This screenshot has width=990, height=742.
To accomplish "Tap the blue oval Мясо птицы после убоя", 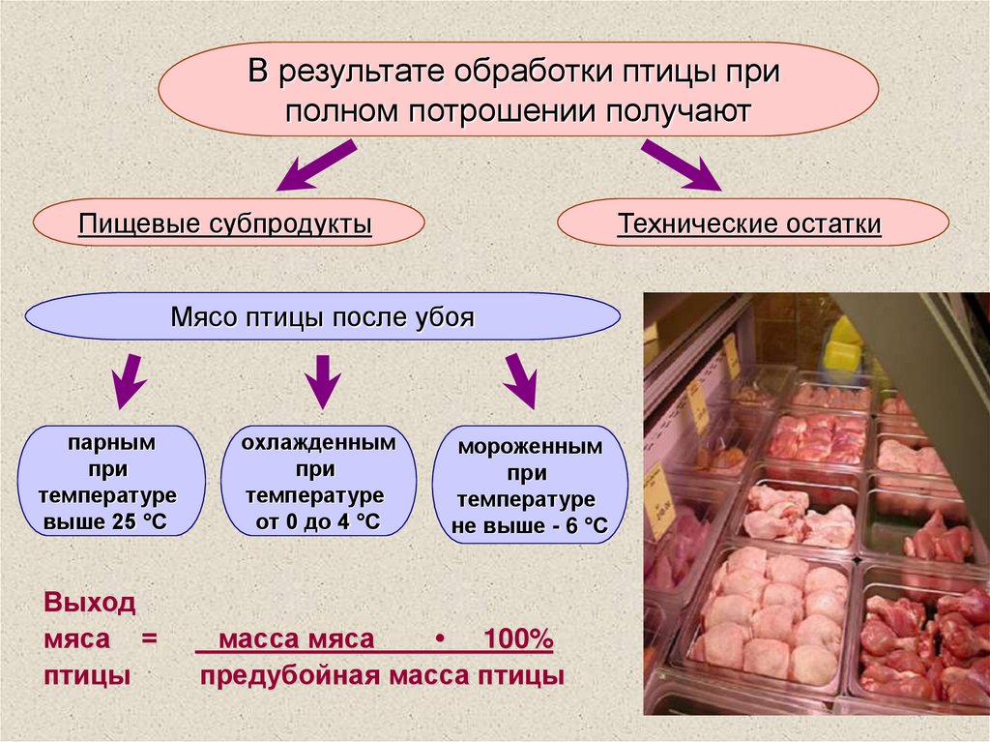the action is click(x=322, y=317).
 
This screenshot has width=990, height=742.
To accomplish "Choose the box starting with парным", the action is click(x=111, y=483).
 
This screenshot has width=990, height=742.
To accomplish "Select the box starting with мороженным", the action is click(x=529, y=487).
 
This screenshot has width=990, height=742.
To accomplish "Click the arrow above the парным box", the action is click(x=127, y=383).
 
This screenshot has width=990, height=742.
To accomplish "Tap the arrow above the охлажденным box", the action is click(x=321, y=380).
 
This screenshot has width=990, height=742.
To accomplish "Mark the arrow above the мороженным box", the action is click(x=519, y=381).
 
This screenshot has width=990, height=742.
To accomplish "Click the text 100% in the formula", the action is click(x=516, y=639).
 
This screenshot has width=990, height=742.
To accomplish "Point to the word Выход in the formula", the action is click(x=90, y=605).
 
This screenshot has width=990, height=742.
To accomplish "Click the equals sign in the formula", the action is click(x=148, y=640).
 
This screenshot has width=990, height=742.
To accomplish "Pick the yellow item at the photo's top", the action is click(x=842, y=346).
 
